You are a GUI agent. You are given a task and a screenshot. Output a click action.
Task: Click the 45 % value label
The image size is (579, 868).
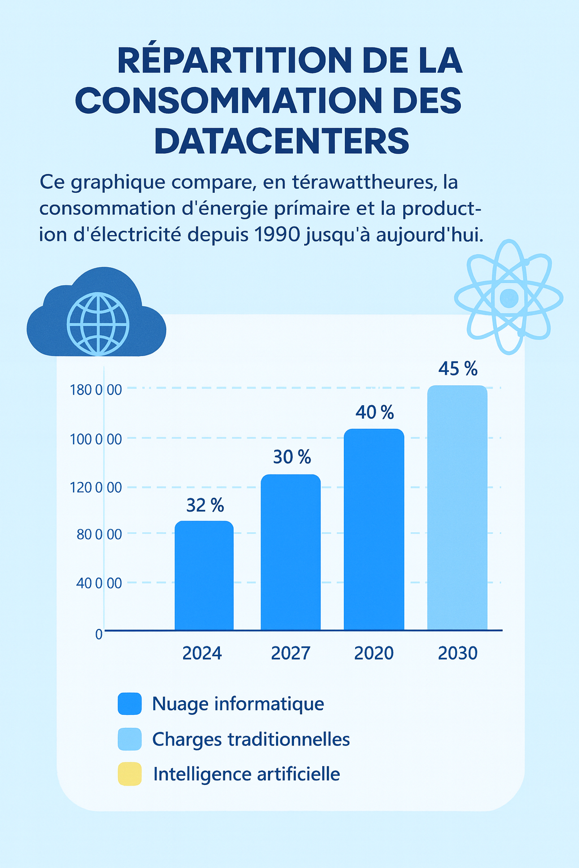(x=457, y=369)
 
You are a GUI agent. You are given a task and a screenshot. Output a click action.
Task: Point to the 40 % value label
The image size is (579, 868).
(x=374, y=413)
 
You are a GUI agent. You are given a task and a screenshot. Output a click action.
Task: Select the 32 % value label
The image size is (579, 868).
(x=205, y=505)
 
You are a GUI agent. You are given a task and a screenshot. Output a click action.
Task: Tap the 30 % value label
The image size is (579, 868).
(x=292, y=457)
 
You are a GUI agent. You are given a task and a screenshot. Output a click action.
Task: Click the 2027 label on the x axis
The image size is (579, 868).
(x=290, y=653)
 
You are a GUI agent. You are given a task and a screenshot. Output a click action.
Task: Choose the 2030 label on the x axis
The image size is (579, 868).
(x=457, y=653)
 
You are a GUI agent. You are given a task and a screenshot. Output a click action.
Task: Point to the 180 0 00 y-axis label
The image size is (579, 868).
(x=96, y=390)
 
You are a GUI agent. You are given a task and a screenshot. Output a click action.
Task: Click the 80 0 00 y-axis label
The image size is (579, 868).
(x=99, y=534)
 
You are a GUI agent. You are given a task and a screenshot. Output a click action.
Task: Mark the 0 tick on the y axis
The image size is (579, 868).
(x=99, y=634)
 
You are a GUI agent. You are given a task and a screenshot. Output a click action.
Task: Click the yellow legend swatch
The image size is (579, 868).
(x=129, y=774)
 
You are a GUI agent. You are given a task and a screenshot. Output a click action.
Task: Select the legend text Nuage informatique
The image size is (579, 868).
(x=238, y=704)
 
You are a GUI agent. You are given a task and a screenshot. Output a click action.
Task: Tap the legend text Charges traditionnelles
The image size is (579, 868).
(x=251, y=739)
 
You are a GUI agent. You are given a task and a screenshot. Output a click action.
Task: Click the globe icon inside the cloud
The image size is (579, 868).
(x=98, y=323)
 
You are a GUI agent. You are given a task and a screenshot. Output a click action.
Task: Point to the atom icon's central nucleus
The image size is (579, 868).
(x=509, y=298)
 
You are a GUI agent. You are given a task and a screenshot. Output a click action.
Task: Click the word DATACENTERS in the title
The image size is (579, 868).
(x=281, y=141)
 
